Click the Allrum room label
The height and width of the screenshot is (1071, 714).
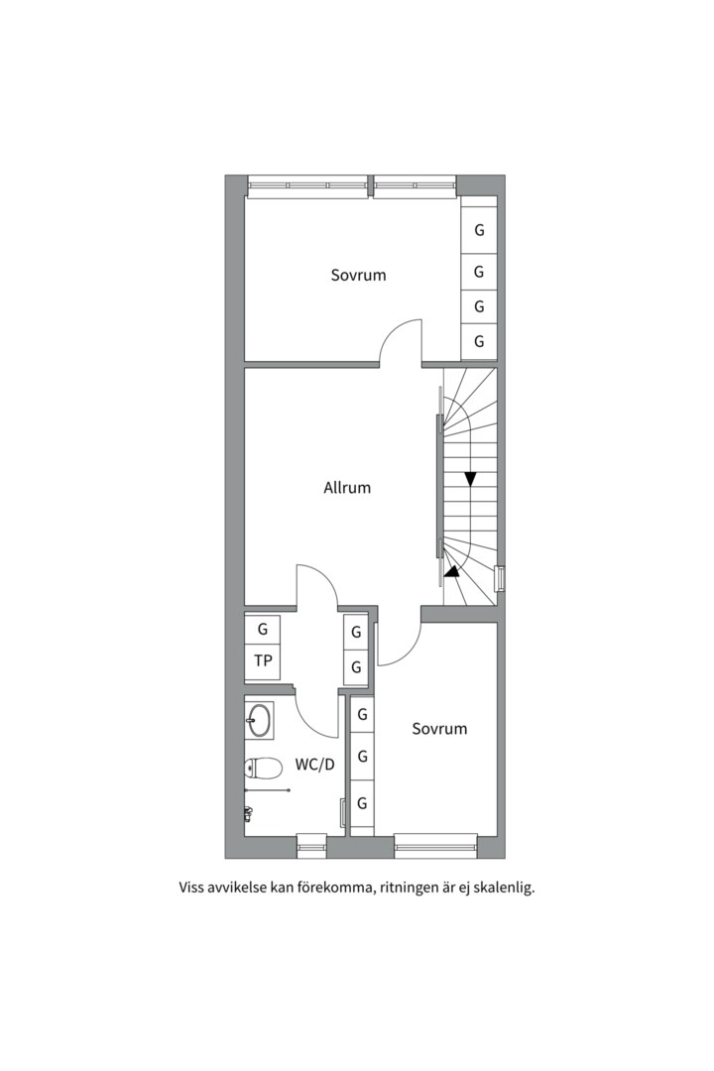point(347,488)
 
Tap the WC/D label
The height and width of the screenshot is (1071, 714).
point(315,765)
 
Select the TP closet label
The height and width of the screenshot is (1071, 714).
point(263,660)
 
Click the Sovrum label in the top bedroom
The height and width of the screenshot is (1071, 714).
point(359,275)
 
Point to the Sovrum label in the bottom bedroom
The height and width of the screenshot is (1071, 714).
point(439,728)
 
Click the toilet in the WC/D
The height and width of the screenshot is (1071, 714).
point(263,769)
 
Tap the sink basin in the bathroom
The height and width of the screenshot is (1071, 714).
point(259,720)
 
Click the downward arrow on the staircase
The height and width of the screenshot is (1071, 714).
point(470,479)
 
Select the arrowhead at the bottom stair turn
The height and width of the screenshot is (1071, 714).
point(451,572)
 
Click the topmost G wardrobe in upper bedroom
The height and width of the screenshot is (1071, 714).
point(479,229)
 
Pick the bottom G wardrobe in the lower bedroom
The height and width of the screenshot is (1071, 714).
point(363,803)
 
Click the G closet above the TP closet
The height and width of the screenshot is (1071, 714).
point(263,629)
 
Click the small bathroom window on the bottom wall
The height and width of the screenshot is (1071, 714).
point(312,846)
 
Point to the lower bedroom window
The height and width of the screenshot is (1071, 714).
point(436,846)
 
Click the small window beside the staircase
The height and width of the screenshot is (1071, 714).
point(500,579)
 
